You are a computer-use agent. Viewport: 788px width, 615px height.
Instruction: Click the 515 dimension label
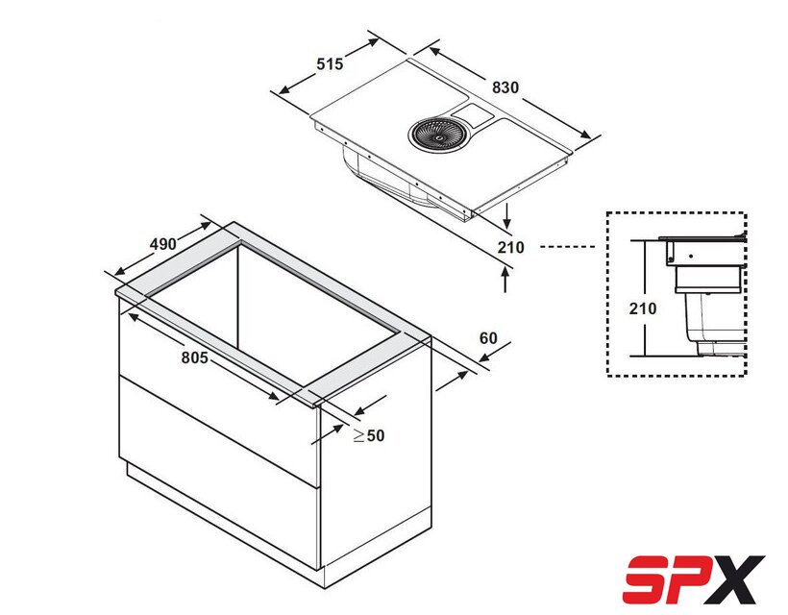click(330, 64)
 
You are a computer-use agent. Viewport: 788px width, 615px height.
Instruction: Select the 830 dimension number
click(505, 87)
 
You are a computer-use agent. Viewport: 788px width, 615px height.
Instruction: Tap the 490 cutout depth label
click(163, 244)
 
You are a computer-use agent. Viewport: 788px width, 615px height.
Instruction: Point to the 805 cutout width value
click(194, 357)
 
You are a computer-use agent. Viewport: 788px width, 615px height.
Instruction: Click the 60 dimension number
click(488, 338)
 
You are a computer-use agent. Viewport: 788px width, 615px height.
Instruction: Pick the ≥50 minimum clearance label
click(369, 435)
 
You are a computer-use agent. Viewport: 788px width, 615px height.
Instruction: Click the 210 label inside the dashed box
click(643, 308)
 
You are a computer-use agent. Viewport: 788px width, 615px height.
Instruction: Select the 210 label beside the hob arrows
click(510, 247)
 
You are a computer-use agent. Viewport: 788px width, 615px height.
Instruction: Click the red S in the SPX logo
click(649, 578)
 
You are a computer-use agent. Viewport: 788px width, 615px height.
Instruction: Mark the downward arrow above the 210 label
click(507, 215)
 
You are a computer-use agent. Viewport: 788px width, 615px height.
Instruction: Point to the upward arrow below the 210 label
click(505, 279)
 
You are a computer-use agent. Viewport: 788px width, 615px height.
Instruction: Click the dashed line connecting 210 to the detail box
click(567, 247)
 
